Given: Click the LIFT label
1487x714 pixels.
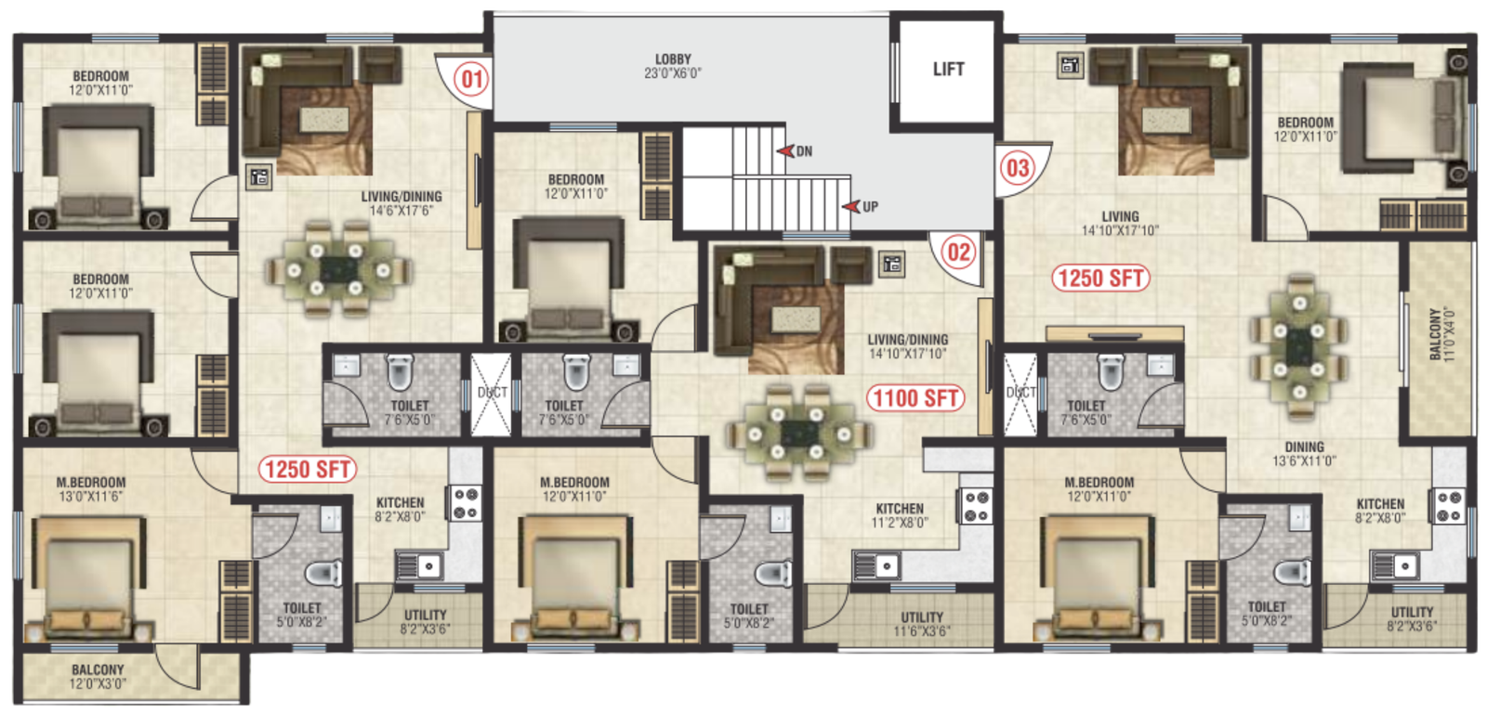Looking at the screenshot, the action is click(948, 69).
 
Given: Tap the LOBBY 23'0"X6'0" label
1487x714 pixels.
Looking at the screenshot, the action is click(673, 66).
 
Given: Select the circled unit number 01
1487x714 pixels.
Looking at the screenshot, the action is click(471, 79).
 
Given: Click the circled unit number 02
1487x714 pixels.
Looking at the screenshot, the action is click(958, 252).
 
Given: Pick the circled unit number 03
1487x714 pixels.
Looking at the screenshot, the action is click(1018, 168).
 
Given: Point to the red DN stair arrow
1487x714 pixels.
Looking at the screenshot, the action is click(786, 151).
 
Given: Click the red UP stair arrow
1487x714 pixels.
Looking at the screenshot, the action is click(851, 206).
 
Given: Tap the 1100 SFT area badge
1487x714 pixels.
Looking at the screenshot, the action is click(915, 398).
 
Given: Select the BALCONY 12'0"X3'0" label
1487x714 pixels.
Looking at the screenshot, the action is click(98, 676).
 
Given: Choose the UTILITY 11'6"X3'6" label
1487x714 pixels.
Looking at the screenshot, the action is click(921, 624).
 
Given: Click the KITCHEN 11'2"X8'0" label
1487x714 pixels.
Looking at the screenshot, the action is click(900, 515).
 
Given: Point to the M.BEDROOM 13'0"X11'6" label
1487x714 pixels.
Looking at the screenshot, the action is click(91, 489).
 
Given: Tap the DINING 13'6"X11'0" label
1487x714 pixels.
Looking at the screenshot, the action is click(1304, 454).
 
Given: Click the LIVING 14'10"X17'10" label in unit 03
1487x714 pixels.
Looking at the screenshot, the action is click(1120, 224).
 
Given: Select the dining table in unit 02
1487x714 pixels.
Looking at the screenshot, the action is click(798, 433).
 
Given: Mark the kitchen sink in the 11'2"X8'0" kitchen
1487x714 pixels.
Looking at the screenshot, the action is click(877, 566).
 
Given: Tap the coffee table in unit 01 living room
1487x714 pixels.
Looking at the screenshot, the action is click(324, 120).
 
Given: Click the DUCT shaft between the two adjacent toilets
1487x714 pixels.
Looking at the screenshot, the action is click(492, 395).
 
